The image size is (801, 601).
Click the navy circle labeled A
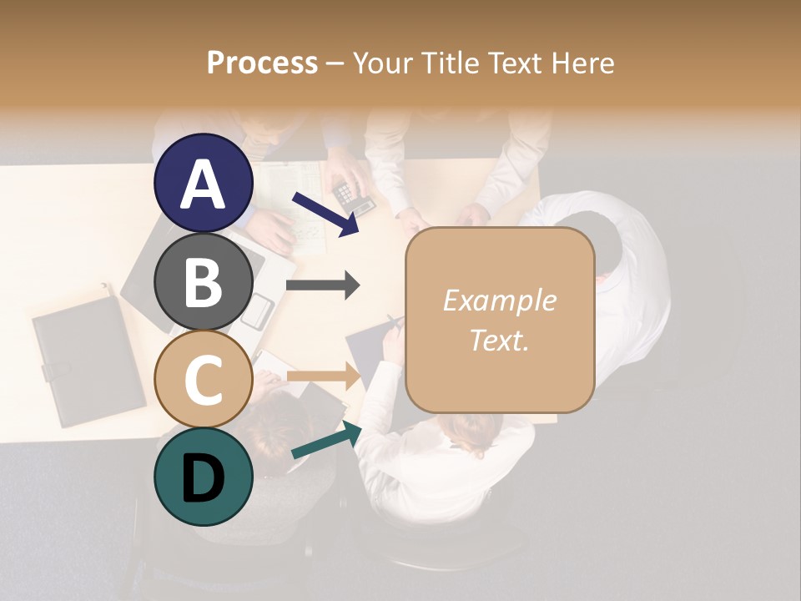[x=203, y=183]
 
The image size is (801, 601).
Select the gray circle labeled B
[x=203, y=281]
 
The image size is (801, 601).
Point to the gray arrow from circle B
[x=323, y=285]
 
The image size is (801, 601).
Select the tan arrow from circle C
[x=324, y=376]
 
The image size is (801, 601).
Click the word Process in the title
[x=262, y=63]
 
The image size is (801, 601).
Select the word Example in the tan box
[x=500, y=300]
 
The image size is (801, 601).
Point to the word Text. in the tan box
[x=500, y=340]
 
